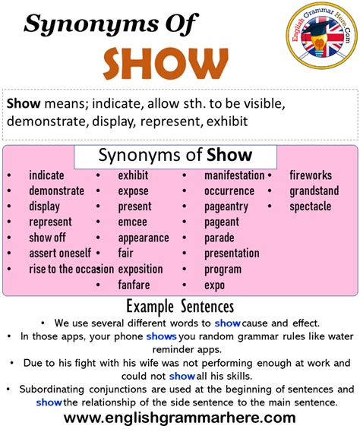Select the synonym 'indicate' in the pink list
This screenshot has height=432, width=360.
(46, 175)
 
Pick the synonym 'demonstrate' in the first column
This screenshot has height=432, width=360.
(56, 191)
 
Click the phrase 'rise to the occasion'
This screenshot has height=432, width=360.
(71, 269)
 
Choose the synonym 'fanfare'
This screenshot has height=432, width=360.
(134, 285)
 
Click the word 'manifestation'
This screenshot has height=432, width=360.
(234, 175)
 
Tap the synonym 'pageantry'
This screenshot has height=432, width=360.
(226, 207)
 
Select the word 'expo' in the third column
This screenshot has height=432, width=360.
(215, 285)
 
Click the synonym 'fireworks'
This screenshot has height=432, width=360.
(311, 175)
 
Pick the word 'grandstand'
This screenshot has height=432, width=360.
(314, 191)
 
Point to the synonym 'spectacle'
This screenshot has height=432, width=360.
(310, 207)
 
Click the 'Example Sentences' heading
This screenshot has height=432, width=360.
(179, 307)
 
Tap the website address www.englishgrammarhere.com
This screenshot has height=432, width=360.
(179, 418)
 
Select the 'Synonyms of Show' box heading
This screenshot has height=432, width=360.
(175, 156)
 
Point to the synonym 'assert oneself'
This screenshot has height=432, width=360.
(60, 253)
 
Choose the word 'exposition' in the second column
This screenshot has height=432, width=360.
(141, 269)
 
